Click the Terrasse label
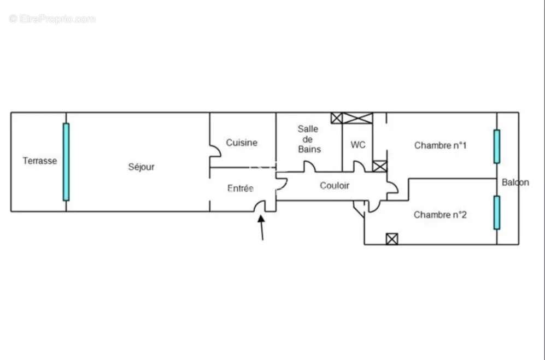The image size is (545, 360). click(39, 161)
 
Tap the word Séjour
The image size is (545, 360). click(141, 167)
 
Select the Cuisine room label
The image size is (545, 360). click(242, 143)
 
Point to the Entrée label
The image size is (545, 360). click(241, 188)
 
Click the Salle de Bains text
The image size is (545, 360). click(309, 139)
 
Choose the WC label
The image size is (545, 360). click(358, 145)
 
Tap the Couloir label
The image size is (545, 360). click(335, 186)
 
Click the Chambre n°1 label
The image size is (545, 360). click(440, 145)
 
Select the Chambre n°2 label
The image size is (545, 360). click(440, 215)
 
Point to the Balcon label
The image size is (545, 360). click(515, 182)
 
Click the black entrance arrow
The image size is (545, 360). click(262, 227)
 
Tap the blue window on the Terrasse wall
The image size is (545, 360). click(66, 162)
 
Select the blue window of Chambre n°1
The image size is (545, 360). click(496, 146)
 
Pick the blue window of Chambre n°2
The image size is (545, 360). click(496, 213)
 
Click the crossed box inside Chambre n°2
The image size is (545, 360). click(392, 239)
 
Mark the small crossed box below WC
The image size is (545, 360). click(379, 166)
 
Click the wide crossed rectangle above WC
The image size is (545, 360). click(358, 118)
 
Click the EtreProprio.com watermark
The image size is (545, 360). click(52, 19)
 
